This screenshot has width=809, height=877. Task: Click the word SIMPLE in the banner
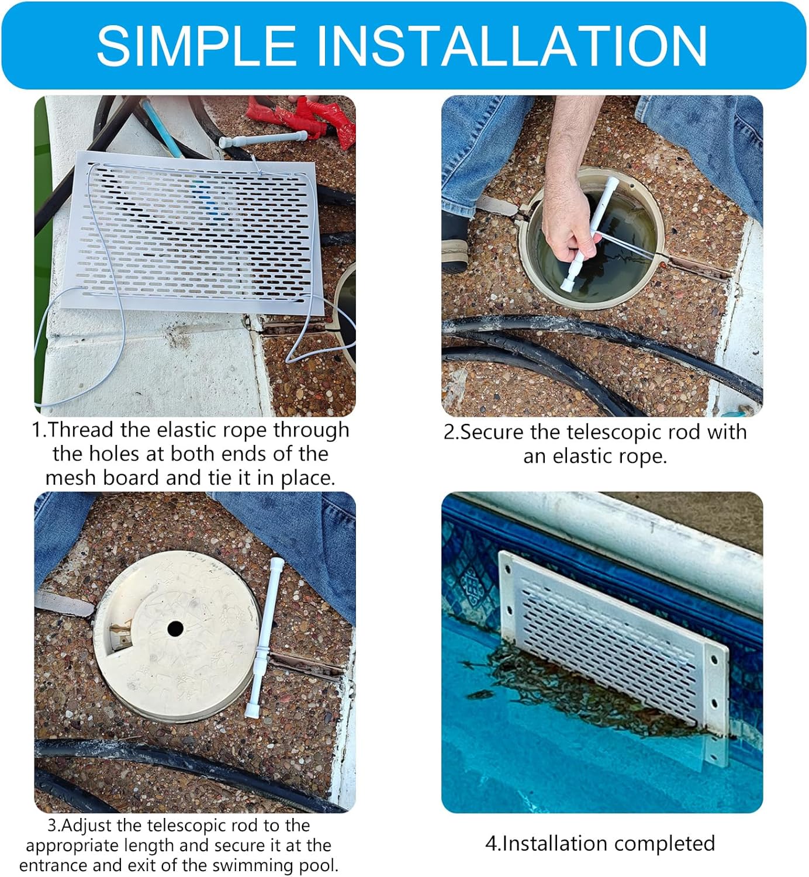pos(196,46)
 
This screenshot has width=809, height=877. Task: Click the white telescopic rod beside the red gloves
pos(263,139)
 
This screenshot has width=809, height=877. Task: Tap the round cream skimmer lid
pos(177,636)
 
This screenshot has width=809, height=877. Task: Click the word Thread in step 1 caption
pos(80,430)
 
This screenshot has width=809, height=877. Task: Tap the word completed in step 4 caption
pos(664,844)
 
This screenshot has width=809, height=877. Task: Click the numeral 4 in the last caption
pos(490,844)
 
